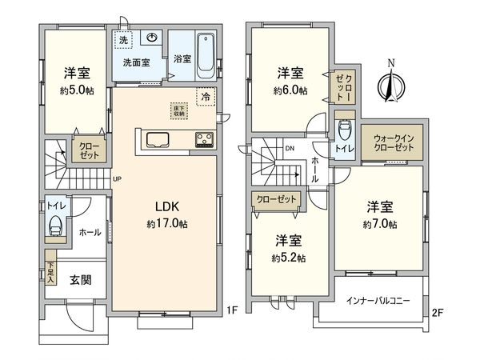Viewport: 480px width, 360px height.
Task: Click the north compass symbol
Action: click(x=390, y=82)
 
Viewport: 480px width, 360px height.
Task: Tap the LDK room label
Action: click(x=167, y=206)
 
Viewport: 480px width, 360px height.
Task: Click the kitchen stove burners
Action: click(x=203, y=141)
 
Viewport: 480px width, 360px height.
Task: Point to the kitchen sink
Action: click(x=156, y=141)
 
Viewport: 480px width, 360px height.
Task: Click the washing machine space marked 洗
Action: click(x=124, y=40)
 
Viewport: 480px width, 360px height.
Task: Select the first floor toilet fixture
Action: click(x=55, y=225)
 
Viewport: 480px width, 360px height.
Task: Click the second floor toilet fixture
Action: click(x=345, y=130)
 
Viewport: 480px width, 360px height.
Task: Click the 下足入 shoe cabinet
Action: click(x=50, y=274)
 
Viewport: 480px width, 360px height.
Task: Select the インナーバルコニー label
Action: click(x=378, y=302)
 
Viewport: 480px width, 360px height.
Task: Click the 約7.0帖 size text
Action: click(x=380, y=225)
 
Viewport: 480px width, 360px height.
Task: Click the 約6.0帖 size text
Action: click(x=290, y=90)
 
